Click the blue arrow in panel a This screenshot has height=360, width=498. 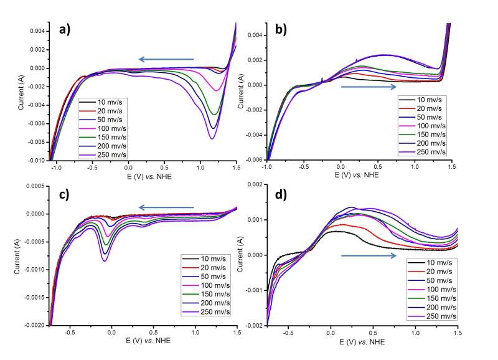coord(166,59)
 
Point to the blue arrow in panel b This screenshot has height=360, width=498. coord(369,87)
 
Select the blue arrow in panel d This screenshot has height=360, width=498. coord(369,255)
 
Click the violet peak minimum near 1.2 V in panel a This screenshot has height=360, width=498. coord(212,138)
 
